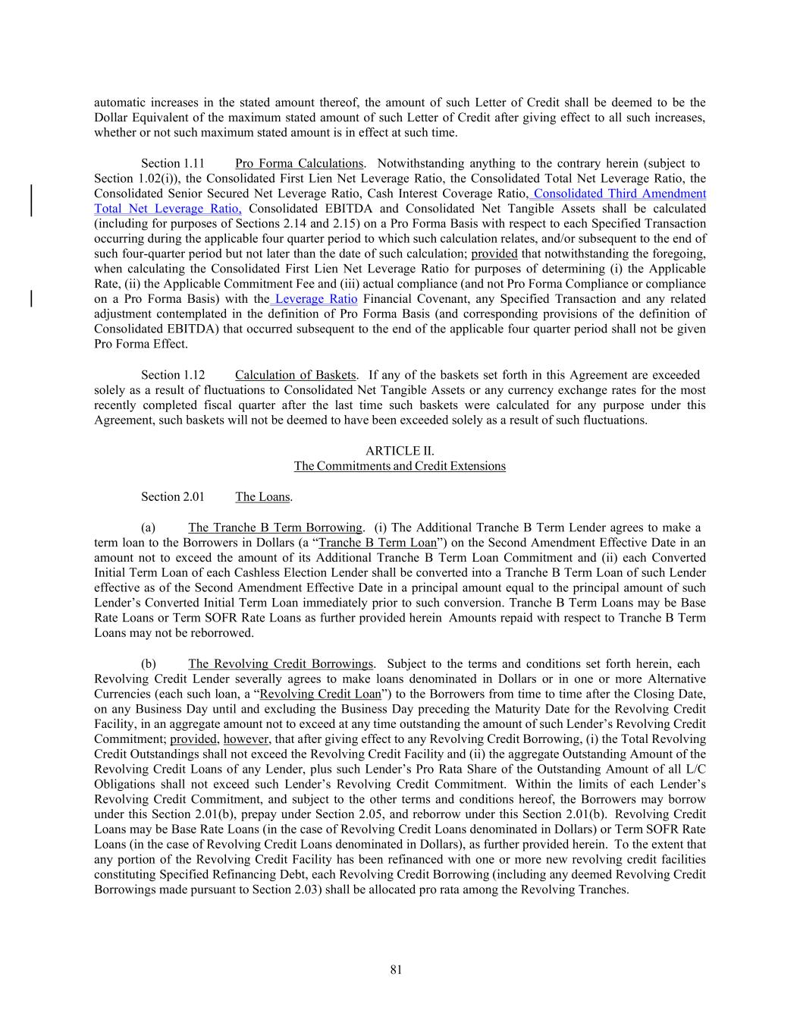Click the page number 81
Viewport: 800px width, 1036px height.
click(396, 969)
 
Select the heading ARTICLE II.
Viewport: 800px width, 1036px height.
click(400, 451)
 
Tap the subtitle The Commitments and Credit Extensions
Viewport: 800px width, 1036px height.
click(400, 466)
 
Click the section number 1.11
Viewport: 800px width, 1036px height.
click(173, 163)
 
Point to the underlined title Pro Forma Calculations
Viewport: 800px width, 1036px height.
click(299, 163)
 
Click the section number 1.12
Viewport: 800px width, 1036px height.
click(173, 375)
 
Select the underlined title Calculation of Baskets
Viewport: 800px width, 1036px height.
click(295, 375)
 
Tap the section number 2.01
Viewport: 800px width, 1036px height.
click(173, 497)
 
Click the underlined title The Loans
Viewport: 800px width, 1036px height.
click(262, 497)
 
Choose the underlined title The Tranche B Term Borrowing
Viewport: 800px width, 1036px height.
click(275, 527)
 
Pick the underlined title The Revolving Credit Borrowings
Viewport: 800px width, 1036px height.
click(281, 664)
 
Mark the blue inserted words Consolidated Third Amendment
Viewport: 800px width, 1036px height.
click(620, 194)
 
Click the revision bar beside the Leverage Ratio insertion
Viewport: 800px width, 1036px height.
click(31, 298)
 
